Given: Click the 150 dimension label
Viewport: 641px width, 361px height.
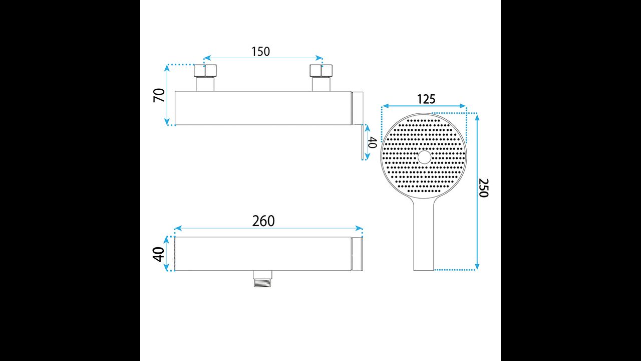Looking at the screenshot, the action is coord(261,52).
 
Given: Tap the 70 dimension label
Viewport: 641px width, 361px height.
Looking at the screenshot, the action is coord(159,95).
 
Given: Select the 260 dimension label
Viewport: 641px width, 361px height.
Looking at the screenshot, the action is coord(263,221).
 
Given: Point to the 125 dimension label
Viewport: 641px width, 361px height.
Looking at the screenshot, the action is coord(426,99).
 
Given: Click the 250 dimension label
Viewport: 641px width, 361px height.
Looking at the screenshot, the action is coord(484,188).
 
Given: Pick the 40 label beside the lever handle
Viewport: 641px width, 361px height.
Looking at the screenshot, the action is coord(372,142).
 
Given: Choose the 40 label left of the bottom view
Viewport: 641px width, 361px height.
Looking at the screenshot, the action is coord(159,254).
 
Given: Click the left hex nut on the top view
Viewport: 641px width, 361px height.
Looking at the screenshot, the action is coord(205,71).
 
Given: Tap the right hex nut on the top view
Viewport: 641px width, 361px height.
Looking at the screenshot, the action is coord(321,71).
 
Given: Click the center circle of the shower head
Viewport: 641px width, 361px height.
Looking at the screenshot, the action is coord(424,157).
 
